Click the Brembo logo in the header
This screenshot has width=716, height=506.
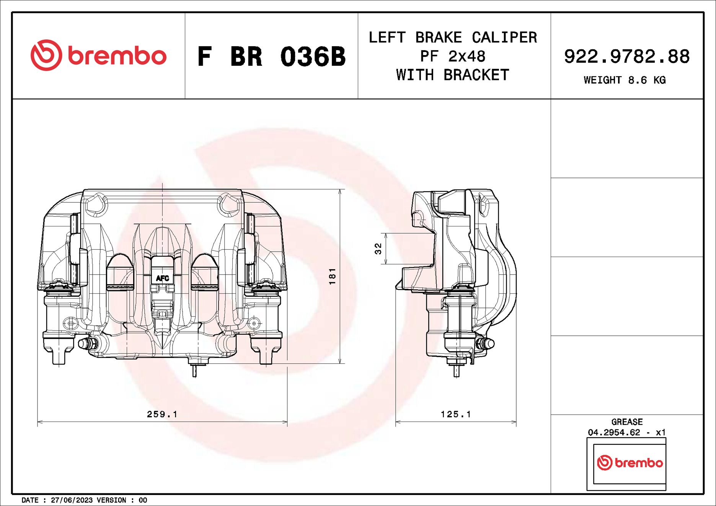point(98,55)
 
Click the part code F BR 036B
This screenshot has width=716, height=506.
point(271,57)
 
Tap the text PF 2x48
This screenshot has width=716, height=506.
point(453,56)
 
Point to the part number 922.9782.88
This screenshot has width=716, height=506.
point(626,56)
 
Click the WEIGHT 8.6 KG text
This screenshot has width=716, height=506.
point(625,80)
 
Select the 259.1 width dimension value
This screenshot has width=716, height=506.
point(162,414)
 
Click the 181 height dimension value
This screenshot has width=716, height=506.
point(332,276)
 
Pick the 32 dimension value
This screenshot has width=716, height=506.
point(378,249)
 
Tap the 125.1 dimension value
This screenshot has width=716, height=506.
point(456,414)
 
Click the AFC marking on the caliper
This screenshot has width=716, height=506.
point(162,278)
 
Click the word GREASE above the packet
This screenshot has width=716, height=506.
point(627,422)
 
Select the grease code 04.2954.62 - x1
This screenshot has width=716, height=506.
point(626,432)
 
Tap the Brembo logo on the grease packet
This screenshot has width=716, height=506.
point(630,463)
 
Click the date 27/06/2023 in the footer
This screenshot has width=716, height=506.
point(72,500)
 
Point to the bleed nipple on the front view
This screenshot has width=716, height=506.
point(85,343)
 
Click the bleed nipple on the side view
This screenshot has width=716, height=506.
point(488,343)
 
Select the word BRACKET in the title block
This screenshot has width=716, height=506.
point(476,75)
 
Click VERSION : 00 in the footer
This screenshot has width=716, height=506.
point(122,500)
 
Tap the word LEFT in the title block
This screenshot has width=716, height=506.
point(387,37)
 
